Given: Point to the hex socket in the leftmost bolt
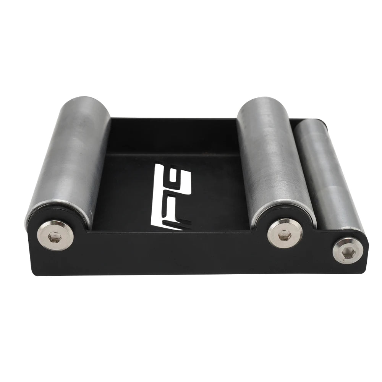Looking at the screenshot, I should (x=54, y=239).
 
